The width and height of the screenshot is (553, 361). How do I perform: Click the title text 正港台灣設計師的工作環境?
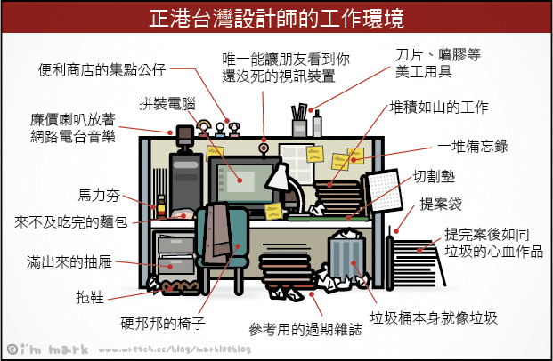pos(276,17)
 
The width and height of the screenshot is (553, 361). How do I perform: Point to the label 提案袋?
pos(442,204)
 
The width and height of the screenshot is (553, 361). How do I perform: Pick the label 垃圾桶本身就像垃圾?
pos(434,318)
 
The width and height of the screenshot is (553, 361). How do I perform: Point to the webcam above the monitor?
pos(264,146)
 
